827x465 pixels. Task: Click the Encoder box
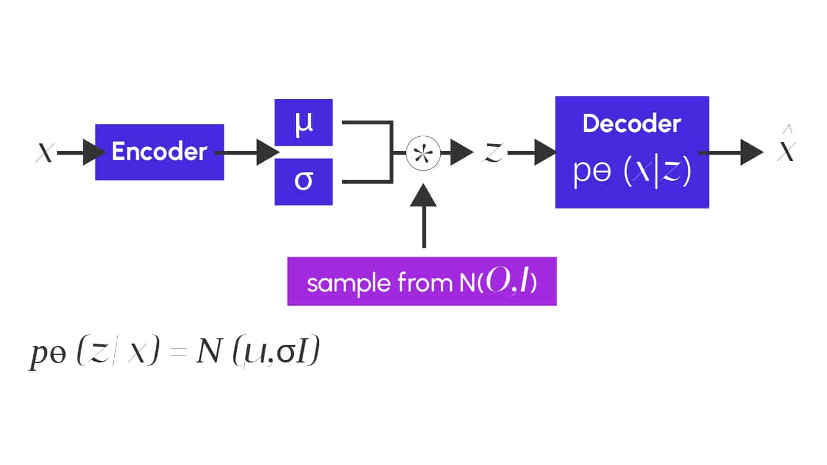click(159, 152)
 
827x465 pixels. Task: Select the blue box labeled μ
click(303, 123)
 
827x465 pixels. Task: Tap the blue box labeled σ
click(303, 181)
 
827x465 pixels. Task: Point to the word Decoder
click(632, 123)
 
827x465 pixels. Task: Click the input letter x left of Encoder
click(44, 153)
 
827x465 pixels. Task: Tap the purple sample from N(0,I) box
click(422, 281)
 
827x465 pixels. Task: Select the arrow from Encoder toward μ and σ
click(246, 153)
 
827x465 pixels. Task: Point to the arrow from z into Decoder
click(531, 153)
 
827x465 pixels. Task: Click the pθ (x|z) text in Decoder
click(632, 173)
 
